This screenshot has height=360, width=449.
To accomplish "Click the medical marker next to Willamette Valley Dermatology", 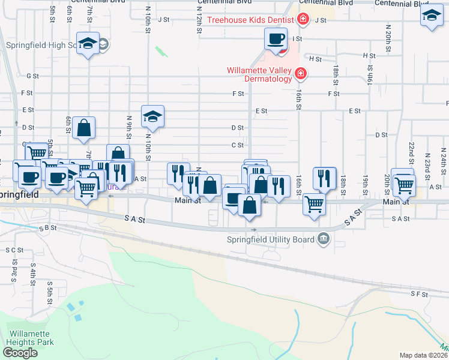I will coord(301,74).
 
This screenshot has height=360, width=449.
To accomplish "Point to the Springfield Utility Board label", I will coord(271,240).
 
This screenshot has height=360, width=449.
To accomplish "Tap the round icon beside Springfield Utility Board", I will coord(324,240).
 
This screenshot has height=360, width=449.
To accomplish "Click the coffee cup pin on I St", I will coord(276,40).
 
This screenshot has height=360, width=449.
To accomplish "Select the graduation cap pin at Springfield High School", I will coord(88,44).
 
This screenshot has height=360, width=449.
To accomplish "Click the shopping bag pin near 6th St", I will coord(84,128).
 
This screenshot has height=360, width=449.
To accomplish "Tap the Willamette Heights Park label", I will coord(30,338).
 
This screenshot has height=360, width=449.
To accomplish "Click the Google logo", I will coord(19,353).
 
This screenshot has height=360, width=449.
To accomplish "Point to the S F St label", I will coord(418,294).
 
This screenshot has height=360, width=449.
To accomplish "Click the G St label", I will coord(32,76).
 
